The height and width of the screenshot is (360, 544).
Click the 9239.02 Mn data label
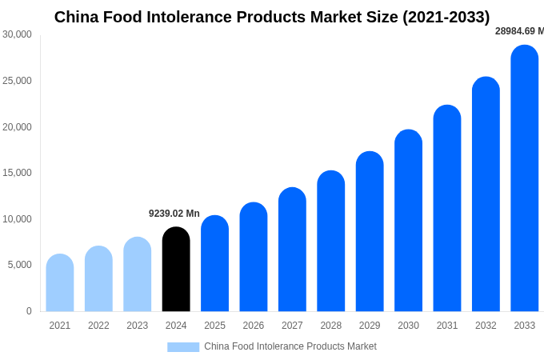174,214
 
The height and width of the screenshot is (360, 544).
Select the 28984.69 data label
518,31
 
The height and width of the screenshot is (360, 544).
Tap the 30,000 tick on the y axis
17,34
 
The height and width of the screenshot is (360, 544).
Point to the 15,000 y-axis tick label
17,173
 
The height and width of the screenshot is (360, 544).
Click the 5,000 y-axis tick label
19,265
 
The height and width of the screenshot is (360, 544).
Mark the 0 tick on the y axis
29,311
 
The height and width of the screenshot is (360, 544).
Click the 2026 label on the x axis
254,326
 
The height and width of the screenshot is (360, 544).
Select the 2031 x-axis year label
447,326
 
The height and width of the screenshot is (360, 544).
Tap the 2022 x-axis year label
98,326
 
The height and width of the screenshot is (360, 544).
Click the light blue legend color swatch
183,347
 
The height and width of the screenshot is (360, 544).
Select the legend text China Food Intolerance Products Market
290,346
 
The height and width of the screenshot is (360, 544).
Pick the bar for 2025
214,264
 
